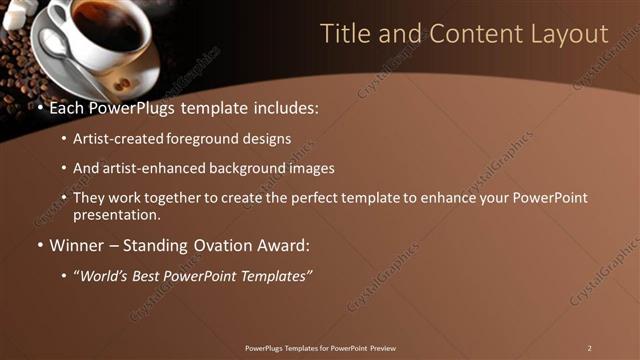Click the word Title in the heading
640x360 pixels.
tap(344, 33)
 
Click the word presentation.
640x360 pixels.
tap(116, 214)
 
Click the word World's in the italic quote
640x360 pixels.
tap(106, 275)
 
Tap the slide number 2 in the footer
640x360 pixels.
tap(590, 348)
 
